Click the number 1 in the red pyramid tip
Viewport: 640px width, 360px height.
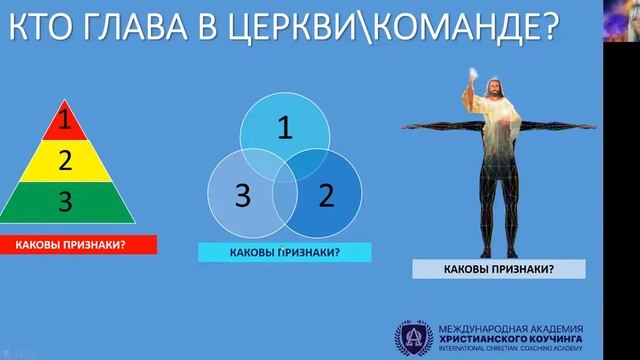point(65,124)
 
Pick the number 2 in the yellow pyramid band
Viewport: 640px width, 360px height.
point(65,160)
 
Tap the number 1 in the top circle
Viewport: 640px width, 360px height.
point(285,128)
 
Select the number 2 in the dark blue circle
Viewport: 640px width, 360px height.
point(325,194)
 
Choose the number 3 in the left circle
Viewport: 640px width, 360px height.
point(241,195)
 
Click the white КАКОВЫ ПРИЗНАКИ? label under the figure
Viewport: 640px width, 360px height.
point(499,268)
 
